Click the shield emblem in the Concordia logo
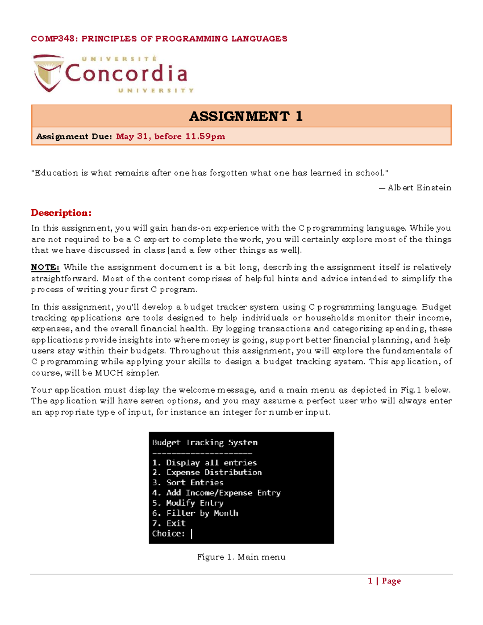(48, 73)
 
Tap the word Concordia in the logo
(126, 74)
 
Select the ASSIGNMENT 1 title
(246, 116)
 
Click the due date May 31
(132, 136)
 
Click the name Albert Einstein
(419, 188)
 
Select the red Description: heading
(61, 212)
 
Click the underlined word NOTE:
(45, 267)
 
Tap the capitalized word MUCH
(109, 373)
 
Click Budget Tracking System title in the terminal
(204, 442)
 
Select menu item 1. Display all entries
(204, 463)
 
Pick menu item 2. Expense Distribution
(207, 472)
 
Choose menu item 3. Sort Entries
(188, 483)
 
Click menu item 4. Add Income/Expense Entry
(216, 493)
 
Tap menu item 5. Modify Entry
(188, 503)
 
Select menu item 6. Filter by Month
(195, 513)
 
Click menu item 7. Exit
(169, 523)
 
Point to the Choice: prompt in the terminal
(168, 534)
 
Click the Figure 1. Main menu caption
(241, 557)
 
